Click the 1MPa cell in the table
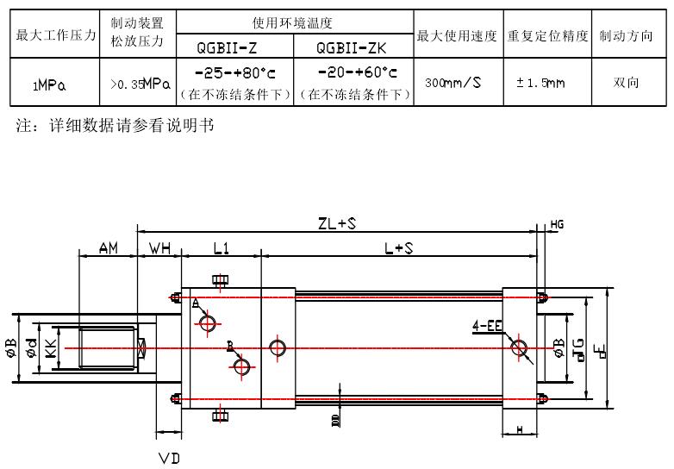[x=51, y=84]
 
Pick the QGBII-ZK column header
[x=352, y=48]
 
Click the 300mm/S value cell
[x=453, y=83]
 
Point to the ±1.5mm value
[x=540, y=83]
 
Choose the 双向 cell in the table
[x=626, y=83]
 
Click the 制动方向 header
[x=626, y=37]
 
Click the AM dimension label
[x=108, y=248]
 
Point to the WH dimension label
[x=159, y=248]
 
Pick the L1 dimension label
[x=221, y=248]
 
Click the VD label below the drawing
[x=169, y=458]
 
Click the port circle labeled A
[x=208, y=323]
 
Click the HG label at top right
[x=557, y=225]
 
